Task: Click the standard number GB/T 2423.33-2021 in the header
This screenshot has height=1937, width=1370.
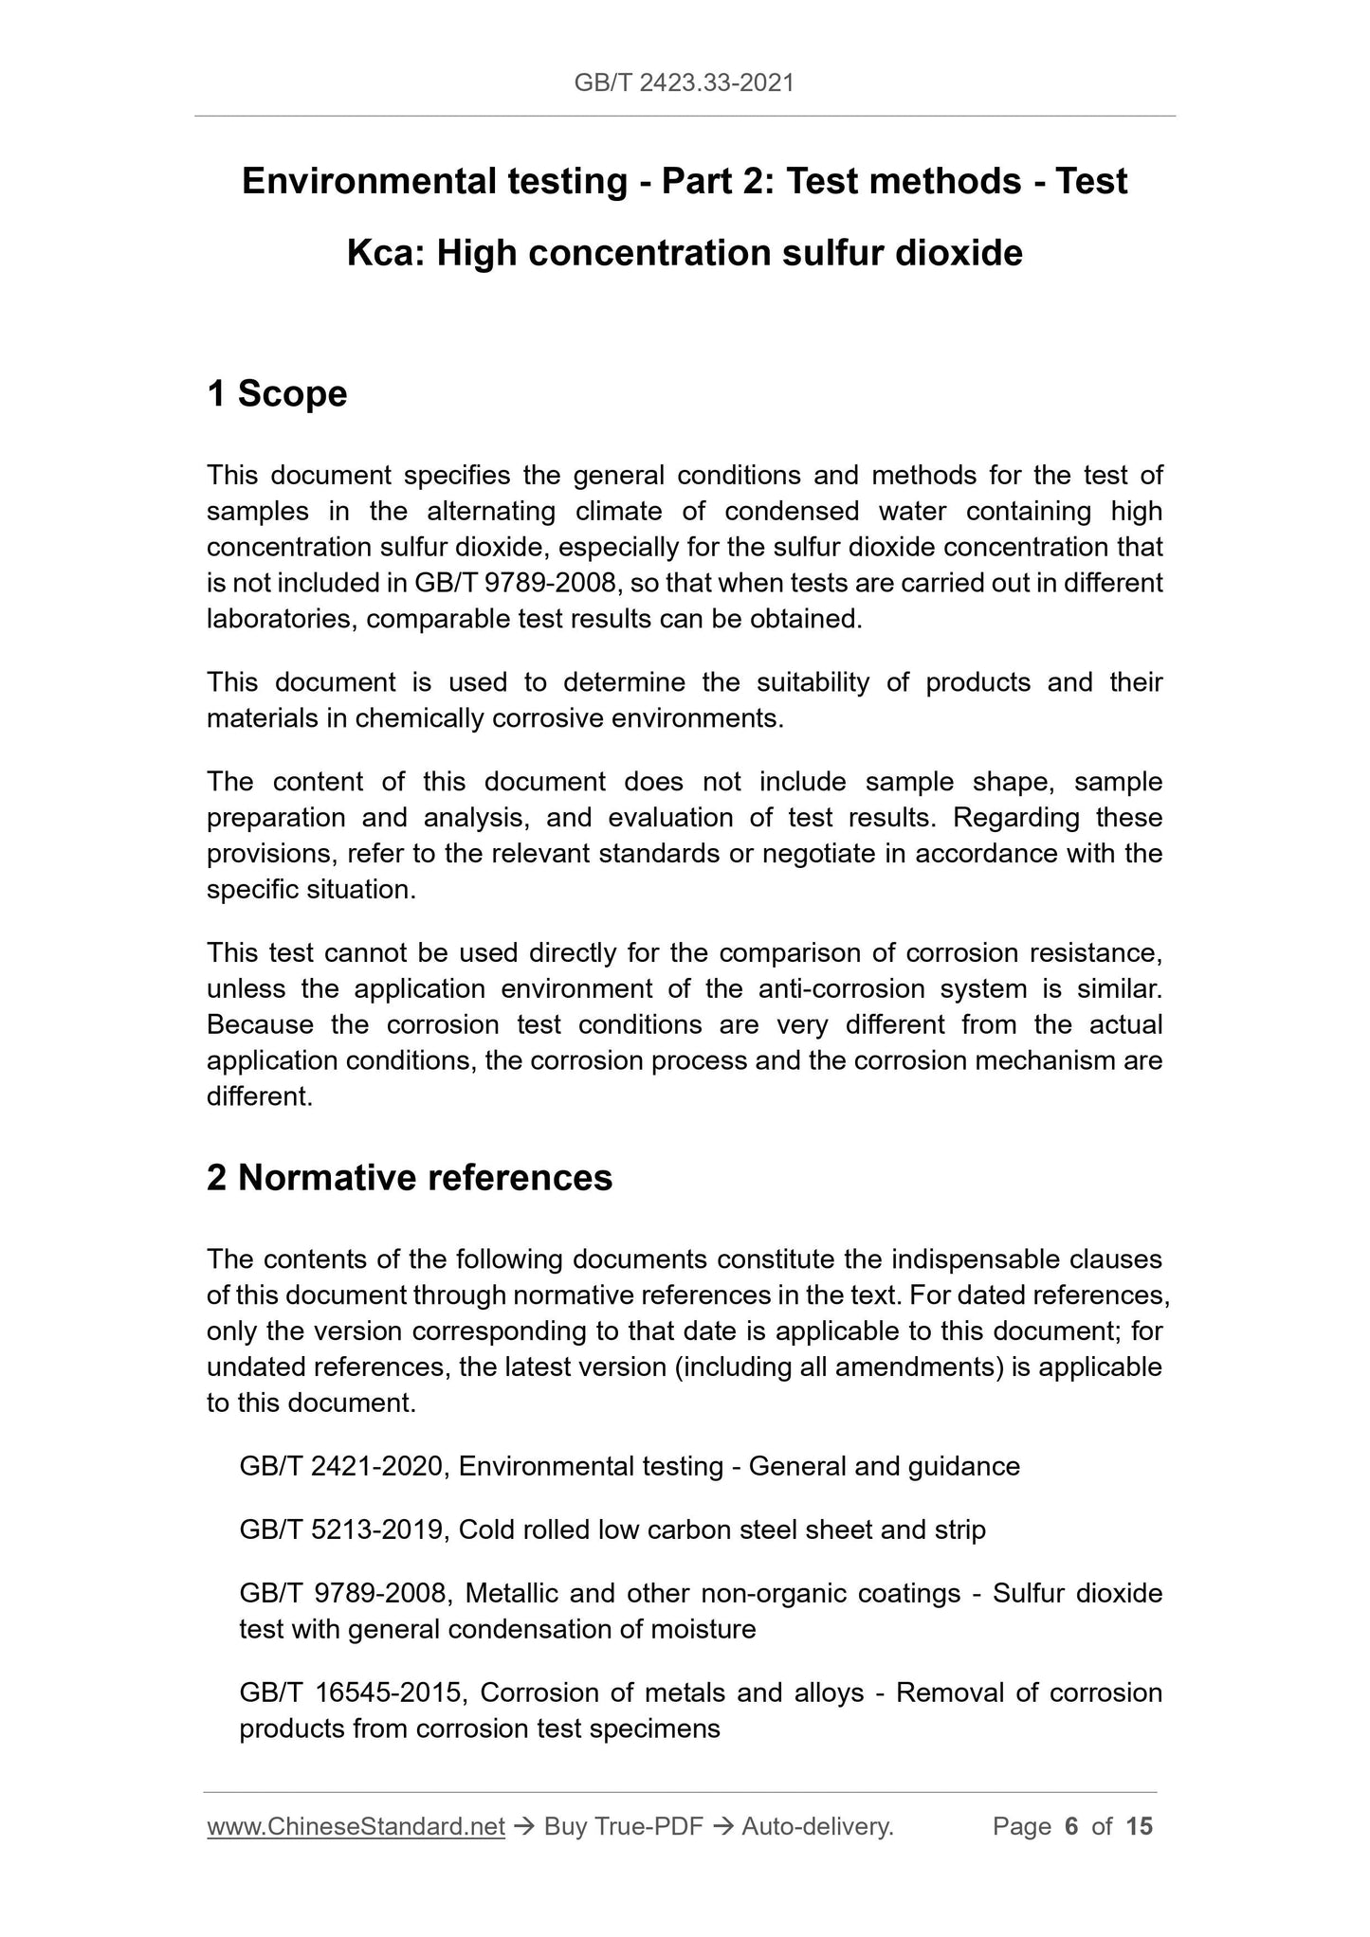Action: click(684, 83)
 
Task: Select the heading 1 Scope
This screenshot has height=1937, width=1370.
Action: click(277, 393)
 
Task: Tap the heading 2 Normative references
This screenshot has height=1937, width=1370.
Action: click(410, 1177)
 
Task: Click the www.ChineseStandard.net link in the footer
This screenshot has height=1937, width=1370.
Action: click(356, 1826)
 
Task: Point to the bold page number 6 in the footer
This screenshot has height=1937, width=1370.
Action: click(1071, 1826)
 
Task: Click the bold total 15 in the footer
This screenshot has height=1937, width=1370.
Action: click(1139, 1826)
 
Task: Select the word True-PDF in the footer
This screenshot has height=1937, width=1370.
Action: click(648, 1826)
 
